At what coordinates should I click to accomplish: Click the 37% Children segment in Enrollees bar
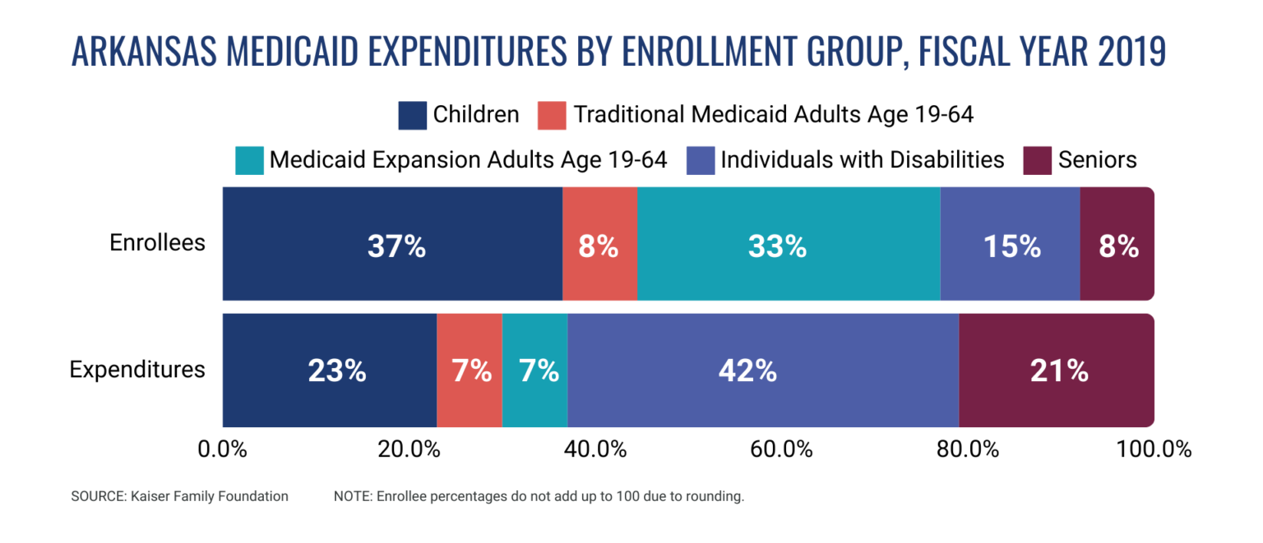(x=392, y=245)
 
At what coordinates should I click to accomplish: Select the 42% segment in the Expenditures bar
(x=762, y=370)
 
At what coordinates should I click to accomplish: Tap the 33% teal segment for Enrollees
(x=789, y=245)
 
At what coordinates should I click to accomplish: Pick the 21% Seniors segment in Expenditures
(x=1057, y=370)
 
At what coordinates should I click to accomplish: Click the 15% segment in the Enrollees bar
(x=1010, y=245)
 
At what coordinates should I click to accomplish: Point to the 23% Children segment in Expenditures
(x=329, y=370)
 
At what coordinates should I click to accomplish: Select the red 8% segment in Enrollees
(x=599, y=245)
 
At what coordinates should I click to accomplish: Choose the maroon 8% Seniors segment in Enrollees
(x=1117, y=245)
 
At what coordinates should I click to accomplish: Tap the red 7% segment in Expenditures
(x=470, y=370)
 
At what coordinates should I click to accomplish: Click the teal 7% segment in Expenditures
(x=535, y=370)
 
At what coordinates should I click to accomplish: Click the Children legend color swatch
(x=413, y=115)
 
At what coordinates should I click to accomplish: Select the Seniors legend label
(x=1097, y=159)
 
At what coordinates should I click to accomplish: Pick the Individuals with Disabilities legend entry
(x=862, y=159)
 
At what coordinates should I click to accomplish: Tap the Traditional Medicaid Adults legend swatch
(x=553, y=115)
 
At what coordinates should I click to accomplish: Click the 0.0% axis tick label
(x=224, y=449)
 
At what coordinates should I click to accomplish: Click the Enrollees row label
(x=158, y=243)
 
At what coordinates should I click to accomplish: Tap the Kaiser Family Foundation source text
(x=179, y=496)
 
